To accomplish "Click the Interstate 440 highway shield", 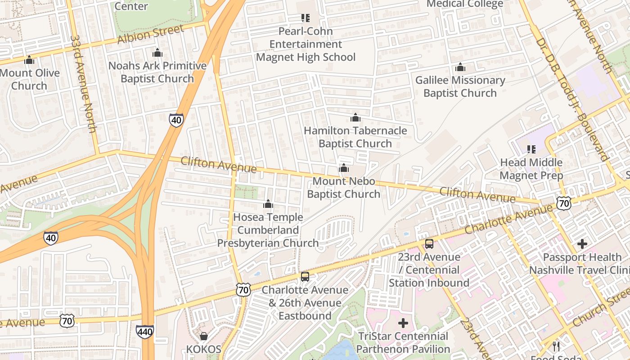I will [x=144, y=332].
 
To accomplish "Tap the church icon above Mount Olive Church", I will [x=29, y=60].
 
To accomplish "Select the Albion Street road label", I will [x=151, y=35].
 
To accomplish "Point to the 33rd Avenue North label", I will [x=84, y=84].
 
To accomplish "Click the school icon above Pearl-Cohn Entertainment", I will [x=306, y=18].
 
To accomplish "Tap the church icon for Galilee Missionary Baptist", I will [x=460, y=67].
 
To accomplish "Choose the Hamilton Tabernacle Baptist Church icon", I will [x=355, y=118].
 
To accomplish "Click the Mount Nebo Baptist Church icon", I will [x=344, y=168].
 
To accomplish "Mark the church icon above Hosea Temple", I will [x=268, y=204].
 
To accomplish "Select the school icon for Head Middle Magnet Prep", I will [x=531, y=149].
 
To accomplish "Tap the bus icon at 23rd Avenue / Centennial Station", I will [x=429, y=244].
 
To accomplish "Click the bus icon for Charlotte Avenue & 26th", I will [x=305, y=277].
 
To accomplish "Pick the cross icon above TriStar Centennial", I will [x=403, y=323].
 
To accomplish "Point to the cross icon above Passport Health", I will [x=582, y=244].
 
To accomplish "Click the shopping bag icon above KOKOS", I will [x=204, y=336].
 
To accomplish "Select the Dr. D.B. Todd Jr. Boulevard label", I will [x=571, y=99].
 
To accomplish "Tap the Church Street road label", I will [x=601, y=310].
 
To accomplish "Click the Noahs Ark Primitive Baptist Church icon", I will [x=157, y=53].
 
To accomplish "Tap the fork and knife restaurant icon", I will [x=556, y=346].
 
